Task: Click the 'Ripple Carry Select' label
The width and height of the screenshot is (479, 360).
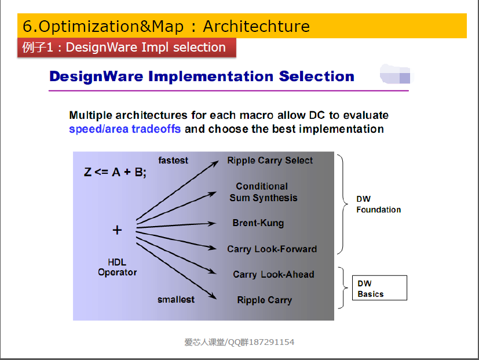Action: pyautogui.click(x=270, y=161)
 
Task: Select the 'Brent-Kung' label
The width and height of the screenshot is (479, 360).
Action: pyautogui.click(x=258, y=223)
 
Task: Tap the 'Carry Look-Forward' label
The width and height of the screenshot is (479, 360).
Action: pyautogui.click(x=272, y=249)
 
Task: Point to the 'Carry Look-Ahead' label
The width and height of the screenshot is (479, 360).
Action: pyautogui.click(x=273, y=274)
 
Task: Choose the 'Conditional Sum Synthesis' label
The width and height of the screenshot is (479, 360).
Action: pyautogui.click(x=264, y=192)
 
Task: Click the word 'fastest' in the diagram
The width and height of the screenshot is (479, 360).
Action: pyautogui.click(x=173, y=160)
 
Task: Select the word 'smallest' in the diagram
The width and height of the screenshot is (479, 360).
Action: pyautogui.click(x=176, y=300)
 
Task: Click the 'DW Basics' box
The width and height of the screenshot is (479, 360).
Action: pyautogui.click(x=379, y=288)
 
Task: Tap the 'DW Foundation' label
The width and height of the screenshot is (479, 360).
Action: pyautogui.click(x=378, y=204)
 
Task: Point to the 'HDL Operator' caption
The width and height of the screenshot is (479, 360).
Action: pyautogui.click(x=118, y=267)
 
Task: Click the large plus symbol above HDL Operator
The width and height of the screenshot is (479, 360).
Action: pyautogui.click(x=117, y=230)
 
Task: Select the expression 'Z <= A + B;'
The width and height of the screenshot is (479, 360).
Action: pyautogui.click(x=115, y=172)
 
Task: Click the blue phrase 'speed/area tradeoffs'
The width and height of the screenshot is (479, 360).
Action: pyautogui.click(x=125, y=129)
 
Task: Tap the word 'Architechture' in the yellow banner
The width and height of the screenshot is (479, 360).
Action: pyautogui.click(x=257, y=26)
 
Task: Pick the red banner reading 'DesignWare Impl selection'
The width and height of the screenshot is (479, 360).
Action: pyautogui.click(x=127, y=48)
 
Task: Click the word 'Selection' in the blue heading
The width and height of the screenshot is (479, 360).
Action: pyautogui.click(x=316, y=76)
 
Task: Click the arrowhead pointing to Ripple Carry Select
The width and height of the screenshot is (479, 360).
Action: pyautogui.click(x=215, y=163)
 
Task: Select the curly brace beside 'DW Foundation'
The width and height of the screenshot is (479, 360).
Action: pyautogui.click(x=343, y=204)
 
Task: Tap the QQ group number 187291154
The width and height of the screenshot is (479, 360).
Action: pyautogui.click(x=272, y=342)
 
